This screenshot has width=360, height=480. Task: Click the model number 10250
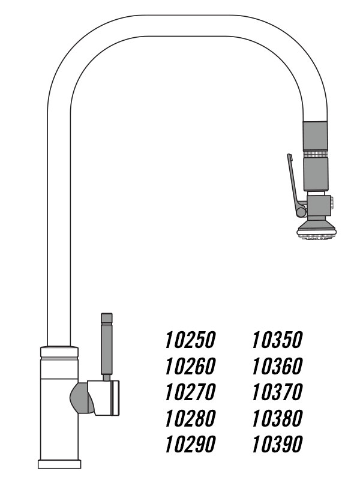click(190, 340)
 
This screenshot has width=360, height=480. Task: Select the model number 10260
click(190, 366)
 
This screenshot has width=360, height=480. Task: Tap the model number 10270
click(190, 392)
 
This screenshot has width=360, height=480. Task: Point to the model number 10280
click(190, 418)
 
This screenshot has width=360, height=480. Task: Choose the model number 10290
click(190, 444)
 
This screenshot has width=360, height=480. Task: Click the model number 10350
click(277, 340)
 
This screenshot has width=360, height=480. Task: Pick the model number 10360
click(277, 366)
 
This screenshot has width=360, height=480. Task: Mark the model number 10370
click(277, 392)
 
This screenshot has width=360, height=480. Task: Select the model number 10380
click(277, 418)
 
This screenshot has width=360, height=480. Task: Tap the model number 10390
click(277, 444)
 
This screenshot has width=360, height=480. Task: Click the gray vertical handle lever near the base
click(106, 345)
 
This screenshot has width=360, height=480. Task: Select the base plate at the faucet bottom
click(59, 464)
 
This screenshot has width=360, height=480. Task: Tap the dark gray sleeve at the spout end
click(316, 135)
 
